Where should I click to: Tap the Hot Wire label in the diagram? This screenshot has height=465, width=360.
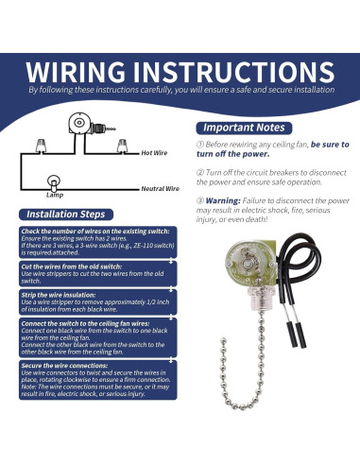click(155, 152)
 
